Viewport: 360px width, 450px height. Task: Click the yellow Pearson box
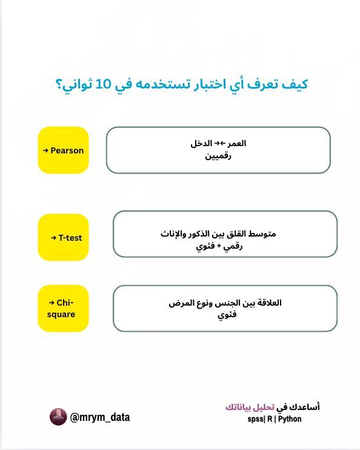click(63, 150)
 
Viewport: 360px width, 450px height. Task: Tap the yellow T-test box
click(63, 237)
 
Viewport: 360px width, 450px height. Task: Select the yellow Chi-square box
click(63, 308)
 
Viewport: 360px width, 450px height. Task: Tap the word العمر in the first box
click(236, 144)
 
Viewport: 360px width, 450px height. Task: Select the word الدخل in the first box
click(201, 144)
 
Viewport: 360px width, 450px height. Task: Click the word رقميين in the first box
click(218, 156)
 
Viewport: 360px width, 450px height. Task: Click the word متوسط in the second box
click(262, 233)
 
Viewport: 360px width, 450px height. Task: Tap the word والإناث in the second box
click(173, 233)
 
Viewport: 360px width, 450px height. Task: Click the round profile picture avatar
click(58, 417)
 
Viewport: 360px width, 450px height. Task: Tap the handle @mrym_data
click(100, 417)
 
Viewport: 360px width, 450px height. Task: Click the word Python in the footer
click(290, 419)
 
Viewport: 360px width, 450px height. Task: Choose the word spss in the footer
click(257, 419)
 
